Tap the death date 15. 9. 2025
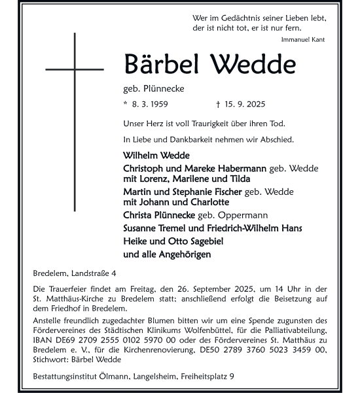245,104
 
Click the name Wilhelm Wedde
156,156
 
